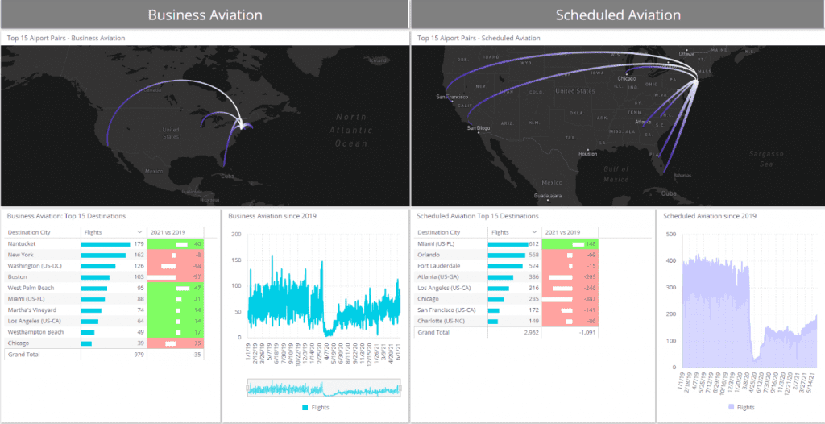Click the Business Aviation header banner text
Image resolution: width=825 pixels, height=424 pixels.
205,15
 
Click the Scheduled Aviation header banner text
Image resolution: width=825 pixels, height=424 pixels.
618,15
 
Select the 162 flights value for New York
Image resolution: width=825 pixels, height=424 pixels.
139,254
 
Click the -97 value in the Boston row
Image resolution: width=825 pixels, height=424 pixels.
197,276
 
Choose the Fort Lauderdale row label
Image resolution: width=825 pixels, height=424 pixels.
439,265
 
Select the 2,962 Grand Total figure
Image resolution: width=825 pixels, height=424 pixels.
531,331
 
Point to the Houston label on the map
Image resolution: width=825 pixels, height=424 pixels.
587,153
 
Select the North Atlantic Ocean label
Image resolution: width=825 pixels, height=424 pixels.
350,129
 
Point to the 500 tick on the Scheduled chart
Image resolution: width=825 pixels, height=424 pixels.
670,234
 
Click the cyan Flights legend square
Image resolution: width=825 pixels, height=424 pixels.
304,407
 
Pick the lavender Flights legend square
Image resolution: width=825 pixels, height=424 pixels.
731,407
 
